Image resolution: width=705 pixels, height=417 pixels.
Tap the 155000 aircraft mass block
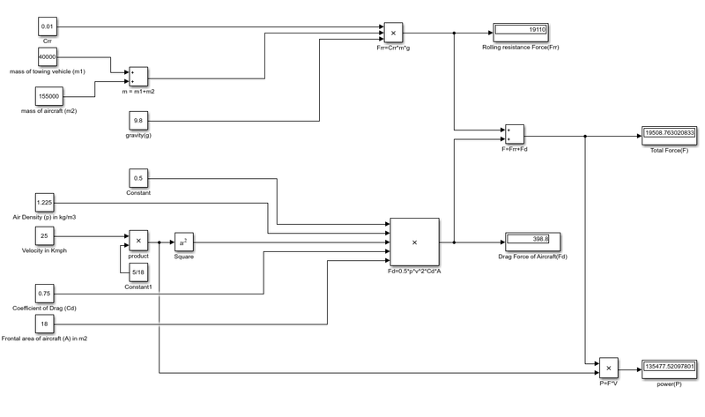[x=48, y=95]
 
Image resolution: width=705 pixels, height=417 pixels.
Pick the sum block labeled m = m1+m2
[x=139, y=77]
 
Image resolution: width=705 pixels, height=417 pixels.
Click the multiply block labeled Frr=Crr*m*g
[x=393, y=33]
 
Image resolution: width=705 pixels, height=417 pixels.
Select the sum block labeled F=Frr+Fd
[x=514, y=135]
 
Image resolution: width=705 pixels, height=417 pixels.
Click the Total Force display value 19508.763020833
[x=671, y=134]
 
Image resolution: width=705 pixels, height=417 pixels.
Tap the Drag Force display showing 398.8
[x=532, y=240]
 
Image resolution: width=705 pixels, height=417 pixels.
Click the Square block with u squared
[x=183, y=242]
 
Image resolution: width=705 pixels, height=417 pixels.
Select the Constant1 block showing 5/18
[x=138, y=272]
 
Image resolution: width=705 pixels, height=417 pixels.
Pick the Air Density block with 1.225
[x=46, y=203]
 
